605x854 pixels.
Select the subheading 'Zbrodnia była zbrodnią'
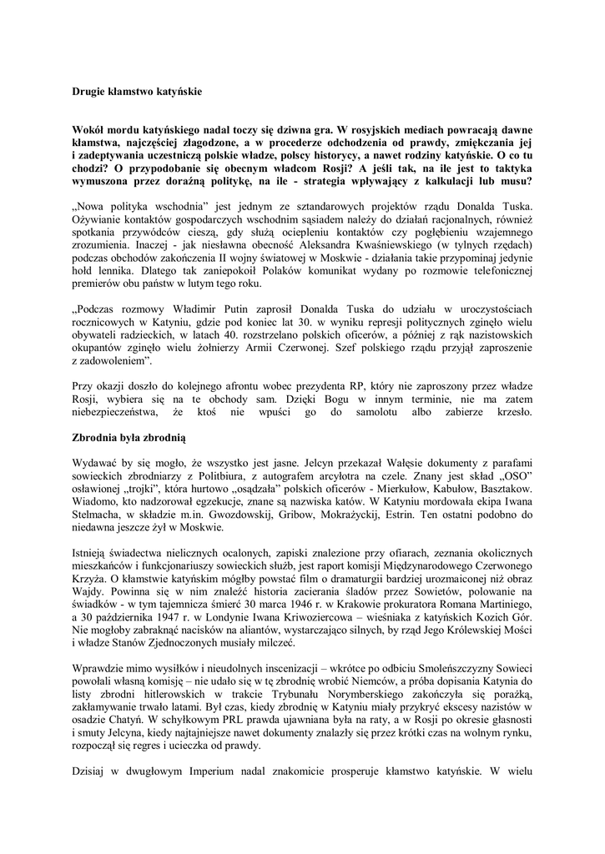pos(133,436)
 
